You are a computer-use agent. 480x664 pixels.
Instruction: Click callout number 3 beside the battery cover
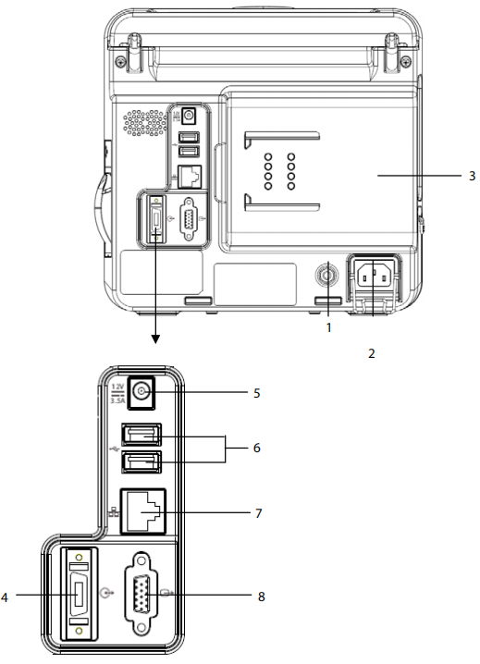(x=472, y=176)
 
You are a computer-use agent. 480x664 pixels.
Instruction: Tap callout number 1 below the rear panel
(x=328, y=327)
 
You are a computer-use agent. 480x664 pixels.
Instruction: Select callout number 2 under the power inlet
(x=372, y=353)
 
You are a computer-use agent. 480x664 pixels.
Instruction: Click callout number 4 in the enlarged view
(x=5, y=597)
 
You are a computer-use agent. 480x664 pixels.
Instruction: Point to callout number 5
(x=257, y=393)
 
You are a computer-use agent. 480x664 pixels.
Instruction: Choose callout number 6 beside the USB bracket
(x=257, y=448)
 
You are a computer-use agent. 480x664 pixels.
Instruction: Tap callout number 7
(x=258, y=513)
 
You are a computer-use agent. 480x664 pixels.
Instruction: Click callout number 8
(x=262, y=596)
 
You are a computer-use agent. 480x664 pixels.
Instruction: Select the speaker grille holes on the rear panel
(x=144, y=123)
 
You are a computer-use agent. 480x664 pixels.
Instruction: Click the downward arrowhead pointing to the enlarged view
(x=155, y=339)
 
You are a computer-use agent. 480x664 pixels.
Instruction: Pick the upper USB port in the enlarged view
(x=142, y=435)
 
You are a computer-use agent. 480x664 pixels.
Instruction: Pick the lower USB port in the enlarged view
(x=142, y=462)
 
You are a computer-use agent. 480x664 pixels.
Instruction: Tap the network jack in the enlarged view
(x=143, y=511)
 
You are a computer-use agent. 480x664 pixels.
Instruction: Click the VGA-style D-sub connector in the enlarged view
(x=142, y=594)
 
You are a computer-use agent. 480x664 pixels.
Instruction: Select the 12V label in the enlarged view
(x=117, y=387)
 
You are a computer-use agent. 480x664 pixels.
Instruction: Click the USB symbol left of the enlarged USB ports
(x=115, y=448)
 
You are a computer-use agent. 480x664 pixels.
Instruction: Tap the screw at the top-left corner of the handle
(x=121, y=60)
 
